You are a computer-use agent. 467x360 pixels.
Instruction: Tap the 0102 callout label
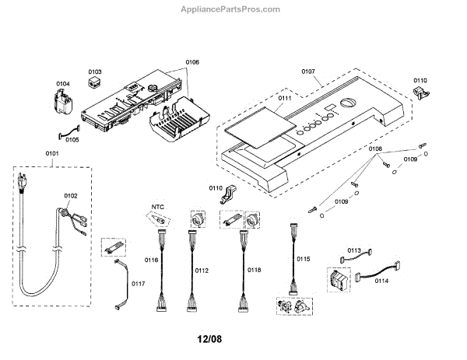(69, 196)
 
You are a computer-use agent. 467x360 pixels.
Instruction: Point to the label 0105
(72, 140)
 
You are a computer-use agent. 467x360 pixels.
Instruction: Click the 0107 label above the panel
(309, 72)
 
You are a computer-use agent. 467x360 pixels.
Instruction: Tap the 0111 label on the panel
(285, 99)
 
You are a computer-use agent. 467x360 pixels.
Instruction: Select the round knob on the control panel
(346, 103)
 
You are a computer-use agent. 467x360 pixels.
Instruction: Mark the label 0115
(303, 258)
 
